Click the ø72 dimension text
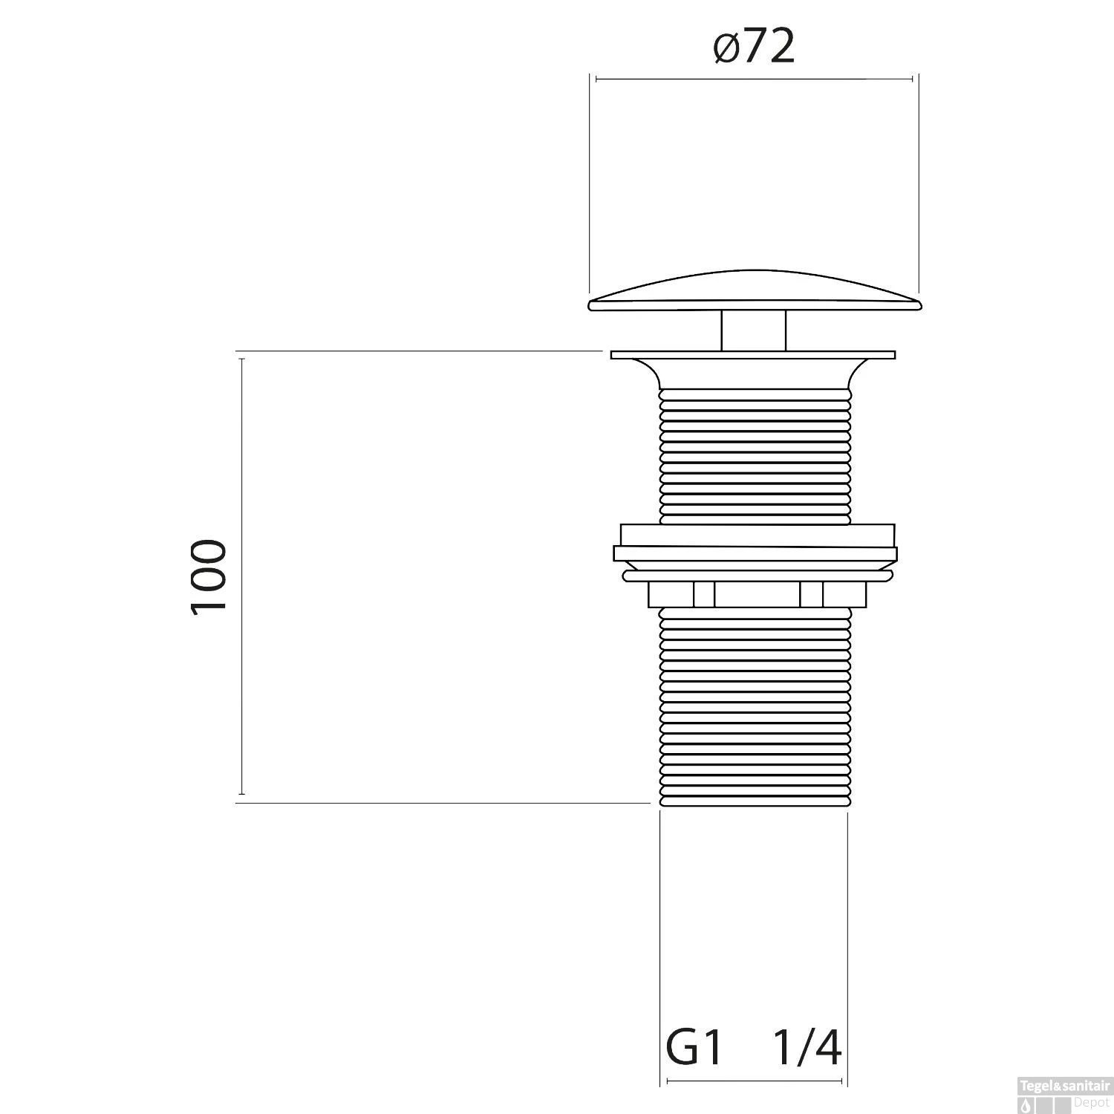pos(754,48)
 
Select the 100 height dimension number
pos(208,576)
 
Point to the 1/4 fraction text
pos(807,1048)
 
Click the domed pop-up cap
pos(754,293)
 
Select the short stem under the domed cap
pos(754,330)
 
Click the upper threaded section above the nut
pos(754,453)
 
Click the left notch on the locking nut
pos(704,594)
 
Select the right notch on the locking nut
pos(811,594)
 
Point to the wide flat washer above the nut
pos(755,553)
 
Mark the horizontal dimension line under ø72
pos(754,79)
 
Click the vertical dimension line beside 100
pos(241,576)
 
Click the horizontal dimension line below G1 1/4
pos(754,1081)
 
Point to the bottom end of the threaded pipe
pos(754,802)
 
